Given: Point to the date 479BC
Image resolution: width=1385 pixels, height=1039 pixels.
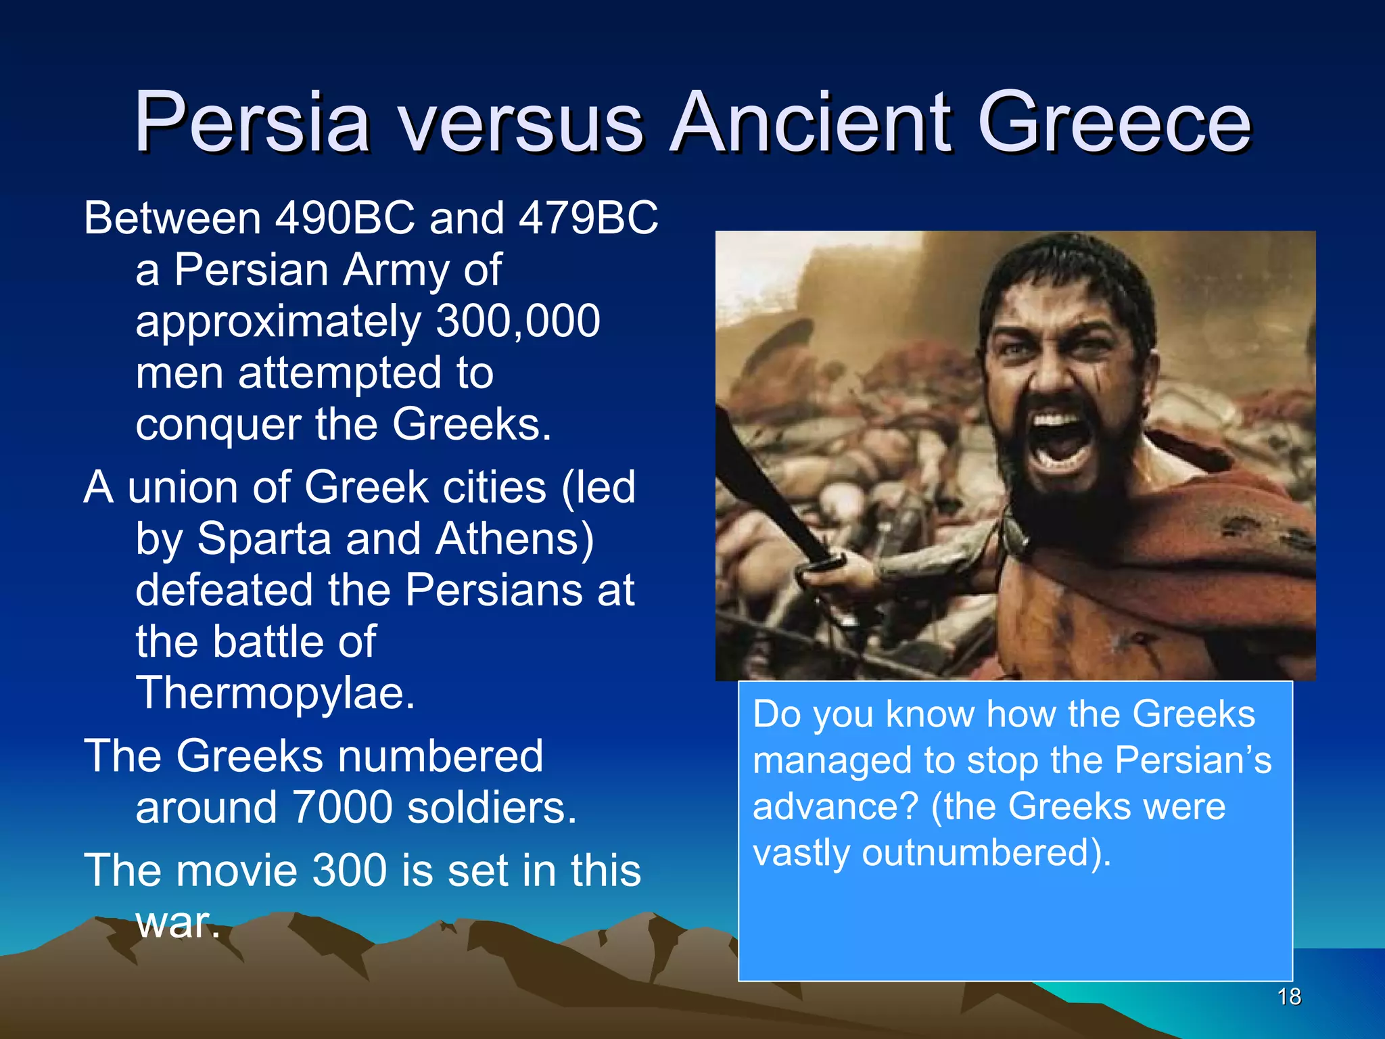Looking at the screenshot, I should tap(588, 218).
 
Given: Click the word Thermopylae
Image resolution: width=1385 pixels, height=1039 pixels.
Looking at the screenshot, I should tap(275, 693).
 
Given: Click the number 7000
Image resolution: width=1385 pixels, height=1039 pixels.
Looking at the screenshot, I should tap(343, 807).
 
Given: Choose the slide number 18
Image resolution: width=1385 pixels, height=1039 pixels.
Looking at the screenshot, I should tap(1289, 996).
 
